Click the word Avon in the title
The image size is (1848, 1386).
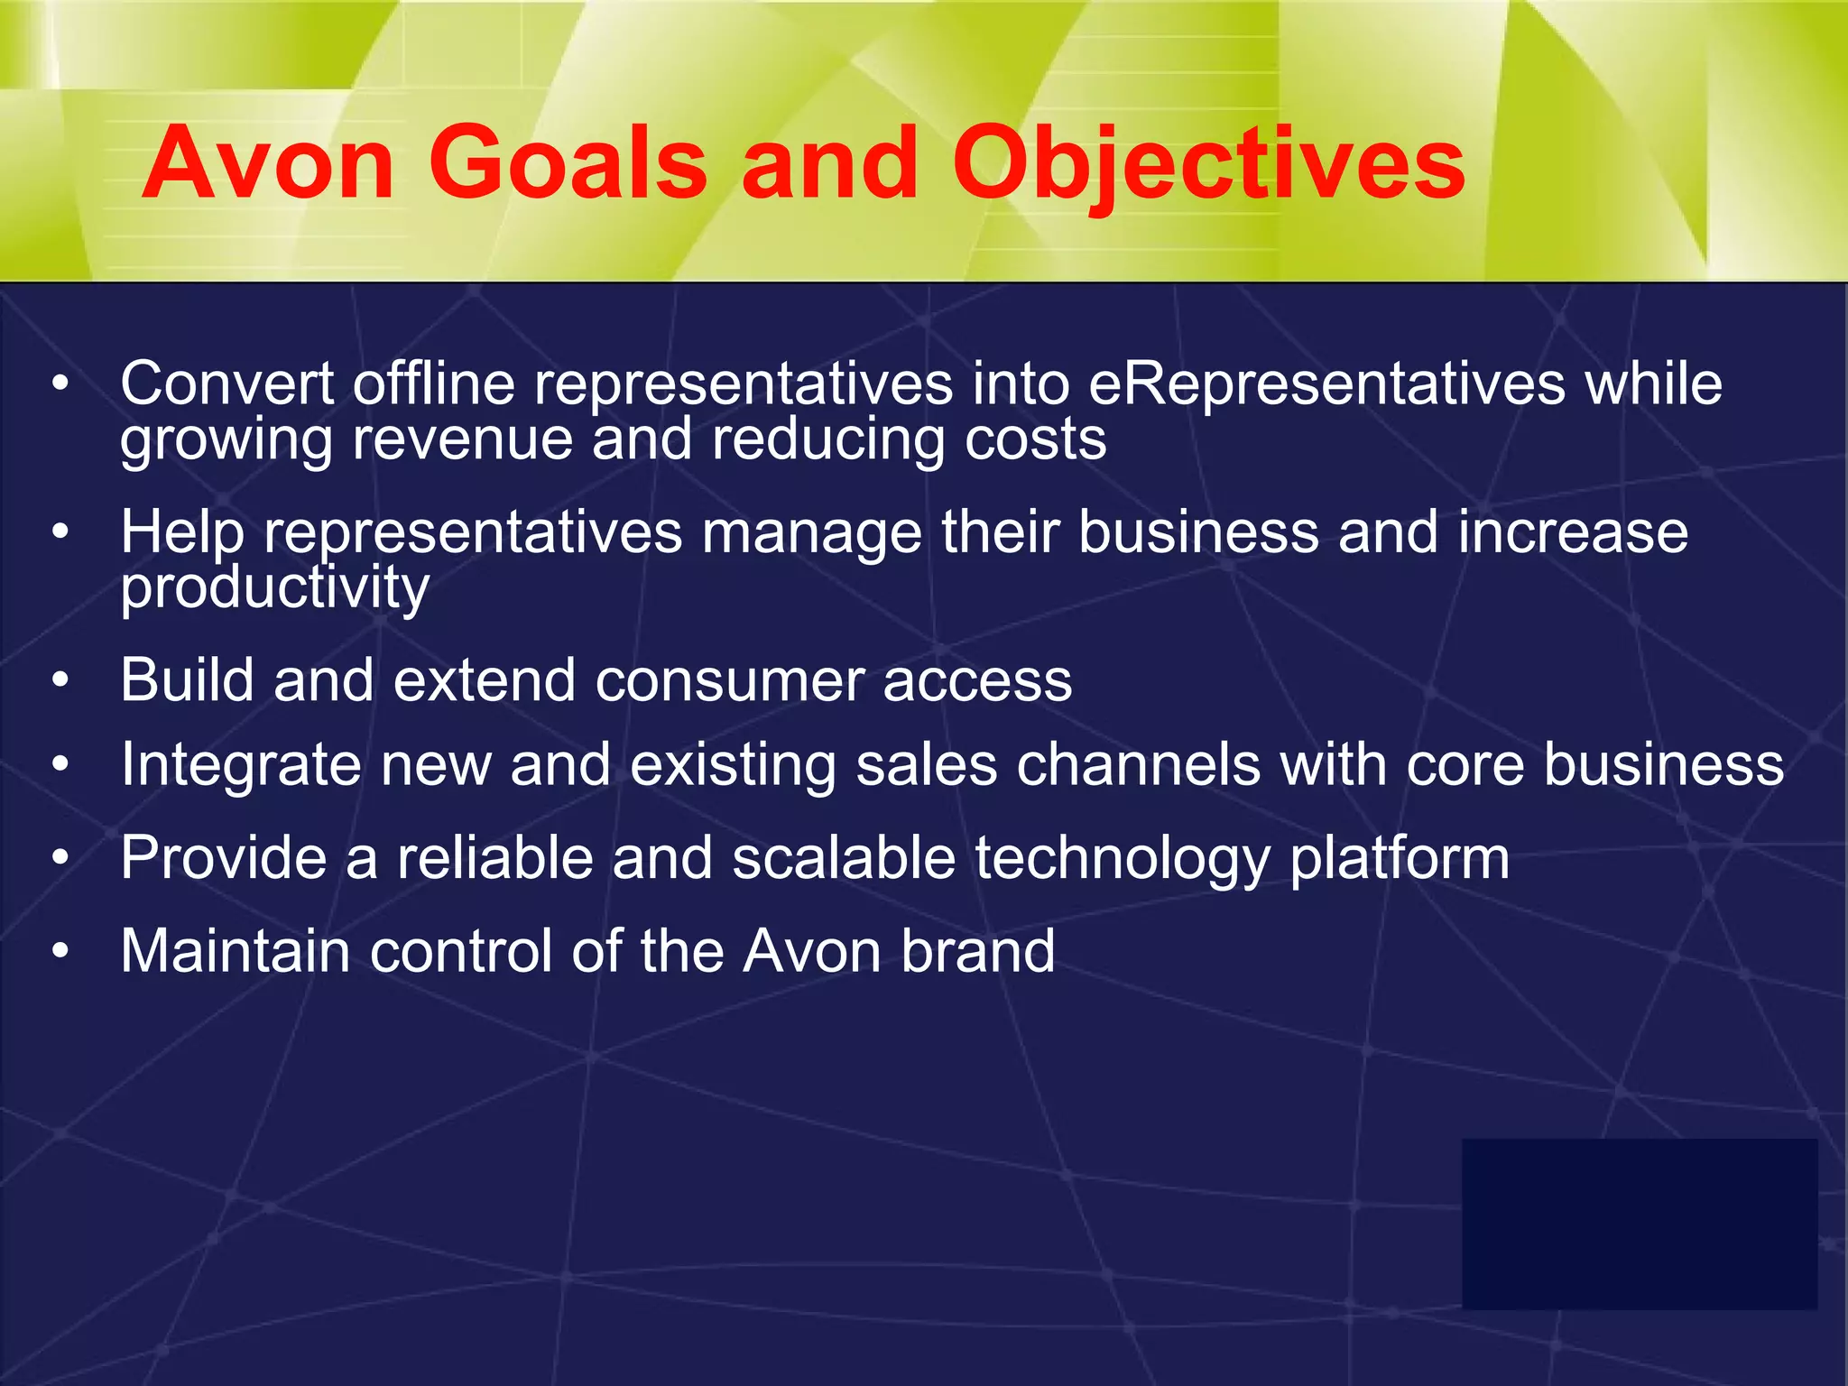pyautogui.click(x=268, y=164)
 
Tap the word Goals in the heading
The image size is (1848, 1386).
pyautogui.click(x=568, y=164)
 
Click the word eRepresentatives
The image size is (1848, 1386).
pyautogui.click(x=1326, y=384)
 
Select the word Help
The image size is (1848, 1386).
pyautogui.click(x=183, y=532)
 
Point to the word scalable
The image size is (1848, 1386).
pyautogui.click(x=844, y=858)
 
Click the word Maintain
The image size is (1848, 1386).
pyautogui.click(x=236, y=952)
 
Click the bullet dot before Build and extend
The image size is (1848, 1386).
pyautogui.click(x=60, y=681)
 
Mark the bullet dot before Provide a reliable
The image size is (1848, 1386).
pyautogui.click(x=60, y=858)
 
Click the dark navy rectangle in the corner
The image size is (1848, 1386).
pyautogui.click(x=1639, y=1224)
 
